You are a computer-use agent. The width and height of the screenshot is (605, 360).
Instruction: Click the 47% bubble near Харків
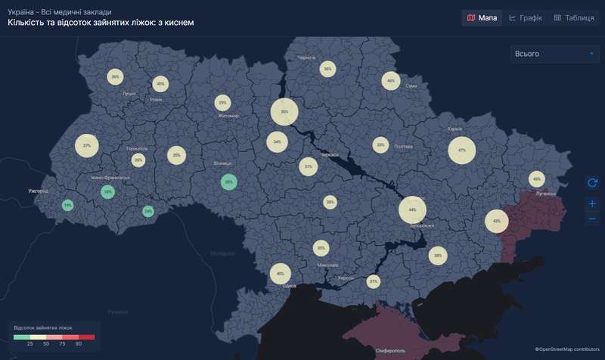coord(462,151)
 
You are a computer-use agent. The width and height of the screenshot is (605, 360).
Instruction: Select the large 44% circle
coord(412,209)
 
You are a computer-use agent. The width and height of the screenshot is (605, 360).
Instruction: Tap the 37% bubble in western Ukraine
coord(87,145)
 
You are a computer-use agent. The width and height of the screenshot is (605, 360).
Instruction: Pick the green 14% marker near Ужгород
coord(68,205)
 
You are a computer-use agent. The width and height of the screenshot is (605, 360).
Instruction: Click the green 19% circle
coord(107,192)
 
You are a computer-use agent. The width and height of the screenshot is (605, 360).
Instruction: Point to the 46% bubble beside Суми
coord(390,81)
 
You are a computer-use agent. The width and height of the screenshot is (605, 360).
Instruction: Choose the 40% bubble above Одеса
coord(281,274)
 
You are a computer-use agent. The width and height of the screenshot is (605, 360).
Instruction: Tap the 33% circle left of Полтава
coord(380,145)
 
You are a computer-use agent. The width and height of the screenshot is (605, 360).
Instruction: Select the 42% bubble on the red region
coord(497,222)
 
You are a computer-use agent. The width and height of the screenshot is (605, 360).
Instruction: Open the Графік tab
coord(526,17)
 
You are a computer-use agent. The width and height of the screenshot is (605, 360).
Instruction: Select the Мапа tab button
coord(482,17)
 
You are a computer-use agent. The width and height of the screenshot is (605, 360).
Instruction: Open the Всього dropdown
coord(554,54)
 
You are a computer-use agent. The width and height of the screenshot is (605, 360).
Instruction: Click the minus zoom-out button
coord(592,219)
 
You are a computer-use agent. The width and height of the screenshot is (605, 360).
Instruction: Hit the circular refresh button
coord(592,182)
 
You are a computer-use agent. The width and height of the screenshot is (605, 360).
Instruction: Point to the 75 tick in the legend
coord(62,343)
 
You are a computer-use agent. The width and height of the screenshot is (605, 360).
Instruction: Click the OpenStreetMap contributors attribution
coord(568,349)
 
